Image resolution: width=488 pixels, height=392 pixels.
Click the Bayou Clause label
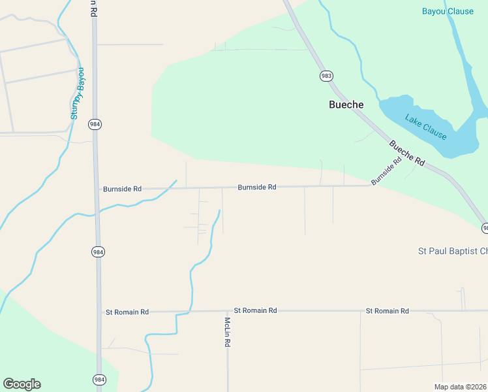click(448, 11)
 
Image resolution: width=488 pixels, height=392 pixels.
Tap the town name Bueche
click(346, 105)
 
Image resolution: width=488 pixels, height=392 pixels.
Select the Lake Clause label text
click(425, 127)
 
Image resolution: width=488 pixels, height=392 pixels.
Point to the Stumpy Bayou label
click(78, 93)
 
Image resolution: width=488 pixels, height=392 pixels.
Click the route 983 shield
click(326, 76)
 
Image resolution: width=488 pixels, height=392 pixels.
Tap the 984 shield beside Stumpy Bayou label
click(95, 124)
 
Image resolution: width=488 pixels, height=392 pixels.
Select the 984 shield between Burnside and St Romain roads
click(98, 252)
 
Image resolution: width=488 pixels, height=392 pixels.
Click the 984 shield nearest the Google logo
click(99, 379)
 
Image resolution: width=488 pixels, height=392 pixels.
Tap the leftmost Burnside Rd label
click(122, 189)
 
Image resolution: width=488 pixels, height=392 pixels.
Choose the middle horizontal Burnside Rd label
click(257, 187)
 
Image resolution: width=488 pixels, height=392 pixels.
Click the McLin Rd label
click(228, 332)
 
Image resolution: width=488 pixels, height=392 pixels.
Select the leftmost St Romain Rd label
click(127, 312)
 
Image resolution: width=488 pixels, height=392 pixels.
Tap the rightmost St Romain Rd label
click(387, 311)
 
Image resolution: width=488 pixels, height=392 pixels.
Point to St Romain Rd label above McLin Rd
click(255, 310)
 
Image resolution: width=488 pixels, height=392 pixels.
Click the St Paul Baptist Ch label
click(453, 251)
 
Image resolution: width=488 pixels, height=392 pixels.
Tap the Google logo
click(22, 384)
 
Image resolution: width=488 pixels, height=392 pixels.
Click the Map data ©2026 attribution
click(461, 387)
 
